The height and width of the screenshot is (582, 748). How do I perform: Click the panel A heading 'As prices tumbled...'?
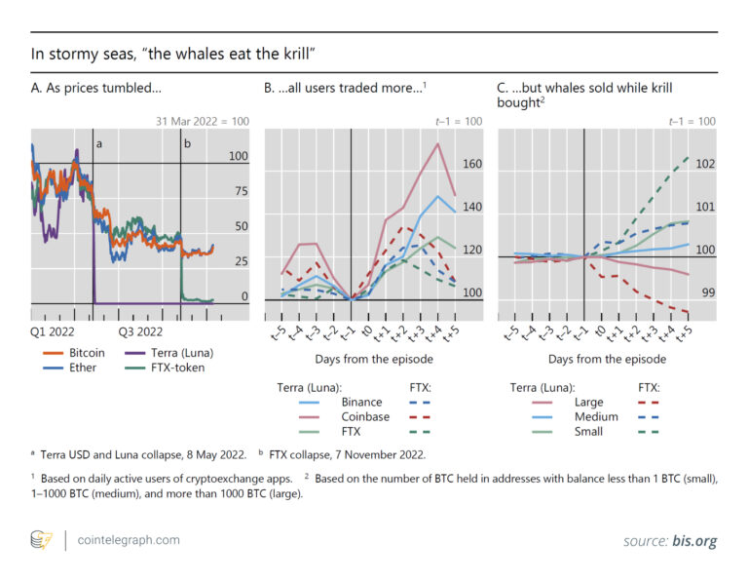(x=96, y=89)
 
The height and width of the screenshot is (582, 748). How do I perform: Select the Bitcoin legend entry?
(x=88, y=352)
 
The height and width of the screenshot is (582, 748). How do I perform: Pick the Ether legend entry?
(x=80, y=368)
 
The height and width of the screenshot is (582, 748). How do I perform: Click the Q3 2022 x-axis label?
(x=141, y=331)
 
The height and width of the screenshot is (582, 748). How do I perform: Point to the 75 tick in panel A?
(x=238, y=191)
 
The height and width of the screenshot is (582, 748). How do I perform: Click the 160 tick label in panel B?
(x=471, y=164)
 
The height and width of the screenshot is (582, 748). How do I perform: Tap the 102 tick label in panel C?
(x=706, y=164)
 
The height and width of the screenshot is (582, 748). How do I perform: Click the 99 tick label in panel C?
(x=706, y=292)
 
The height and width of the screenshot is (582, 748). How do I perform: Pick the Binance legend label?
(x=361, y=402)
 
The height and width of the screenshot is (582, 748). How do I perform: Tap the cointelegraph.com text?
(x=125, y=539)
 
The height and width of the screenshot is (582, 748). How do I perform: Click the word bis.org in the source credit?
(x=698, y=539)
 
